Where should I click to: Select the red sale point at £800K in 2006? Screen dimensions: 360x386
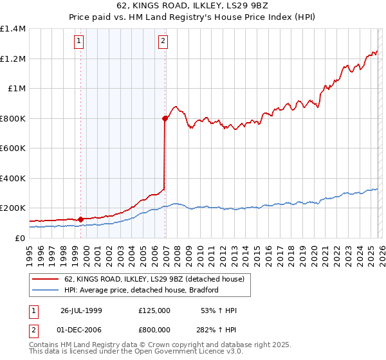(x=165, y=118)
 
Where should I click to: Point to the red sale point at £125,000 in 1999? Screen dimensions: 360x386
(x=80, y=219)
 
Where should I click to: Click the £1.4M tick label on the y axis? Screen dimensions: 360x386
(x=13, y=29)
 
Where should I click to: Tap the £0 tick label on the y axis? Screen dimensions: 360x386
(x=21, y=238)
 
